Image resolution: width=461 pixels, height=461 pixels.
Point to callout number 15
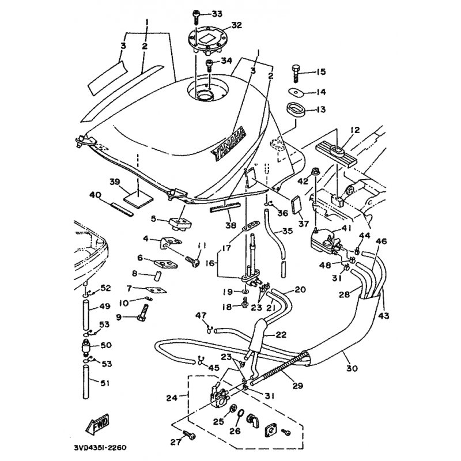pos(320,72)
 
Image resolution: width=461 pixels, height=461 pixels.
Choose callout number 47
pos(201,316)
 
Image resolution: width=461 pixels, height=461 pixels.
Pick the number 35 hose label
pos(286,231)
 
